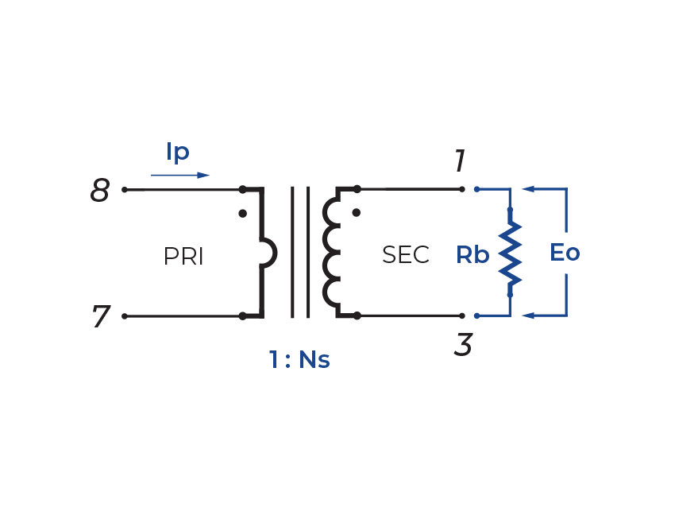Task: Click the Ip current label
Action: (x=178, y=153)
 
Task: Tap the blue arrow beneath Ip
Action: (x=181, y=175)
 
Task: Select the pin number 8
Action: (x=101, y=191)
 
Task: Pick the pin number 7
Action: (x=101, y=317)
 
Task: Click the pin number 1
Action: (x=459, y=162)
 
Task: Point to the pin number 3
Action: (x=465, y=345)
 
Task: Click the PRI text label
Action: (x=183, y=257)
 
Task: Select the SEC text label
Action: (x=406, y=255)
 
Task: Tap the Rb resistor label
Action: (x=472, y=255)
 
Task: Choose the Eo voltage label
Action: (x=565, y=253)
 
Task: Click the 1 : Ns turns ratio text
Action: (x=299, y=359)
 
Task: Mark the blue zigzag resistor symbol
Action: (x=510, y=253)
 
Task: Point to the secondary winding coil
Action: (x=331, y=253)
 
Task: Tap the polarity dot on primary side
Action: (x=243, y=213)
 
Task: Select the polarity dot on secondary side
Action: (x=357, y=213)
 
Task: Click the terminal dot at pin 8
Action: (x=125, y=190)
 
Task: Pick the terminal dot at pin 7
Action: (x=125, y=316)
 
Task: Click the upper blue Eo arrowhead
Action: (x=529, y=190)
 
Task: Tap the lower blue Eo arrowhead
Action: (x=529, y=316)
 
